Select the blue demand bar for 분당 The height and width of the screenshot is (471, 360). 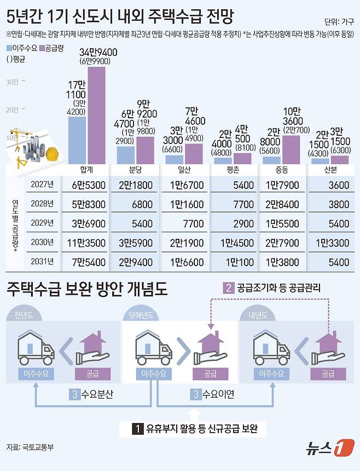click(126, 154)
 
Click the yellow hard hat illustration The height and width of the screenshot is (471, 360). click(52, 153)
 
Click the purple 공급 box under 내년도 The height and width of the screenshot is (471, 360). click(328, 375)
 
